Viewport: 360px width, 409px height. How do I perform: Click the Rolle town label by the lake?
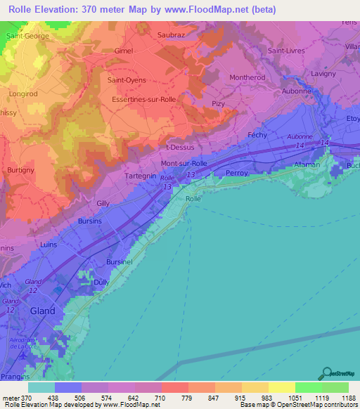click(193, 199)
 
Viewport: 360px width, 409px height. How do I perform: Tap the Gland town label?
click(42, 311)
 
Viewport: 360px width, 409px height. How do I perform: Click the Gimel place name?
click(123, 51)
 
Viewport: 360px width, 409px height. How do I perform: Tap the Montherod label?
click(245, 78)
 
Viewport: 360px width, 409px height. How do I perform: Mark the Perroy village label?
click(237, 172)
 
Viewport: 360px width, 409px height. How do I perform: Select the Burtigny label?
click(22, 169)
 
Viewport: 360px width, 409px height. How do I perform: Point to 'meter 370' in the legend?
click(15, 398)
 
